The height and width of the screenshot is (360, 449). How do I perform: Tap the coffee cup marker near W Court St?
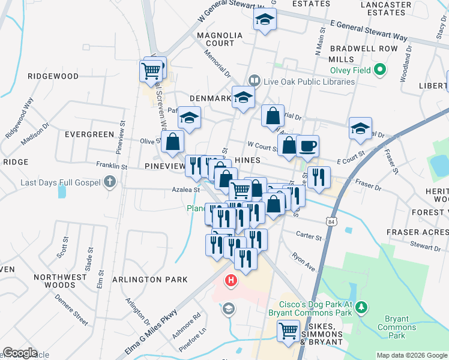[307, 146]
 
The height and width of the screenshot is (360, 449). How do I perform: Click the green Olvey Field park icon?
[379, 70]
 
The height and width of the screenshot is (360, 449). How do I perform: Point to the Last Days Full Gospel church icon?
[109, 181]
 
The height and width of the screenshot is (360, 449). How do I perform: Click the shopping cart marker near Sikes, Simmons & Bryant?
[289, 331]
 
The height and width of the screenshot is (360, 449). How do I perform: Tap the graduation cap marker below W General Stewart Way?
[265, 20]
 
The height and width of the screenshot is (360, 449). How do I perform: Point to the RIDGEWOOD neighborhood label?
[53, 76]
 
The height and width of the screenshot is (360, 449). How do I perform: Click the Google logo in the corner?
[20, 353]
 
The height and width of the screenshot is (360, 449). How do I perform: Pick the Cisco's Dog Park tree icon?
[361, 308]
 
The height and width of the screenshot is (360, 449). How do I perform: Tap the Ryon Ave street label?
[303, 264]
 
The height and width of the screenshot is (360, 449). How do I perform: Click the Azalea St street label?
[187, 190]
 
